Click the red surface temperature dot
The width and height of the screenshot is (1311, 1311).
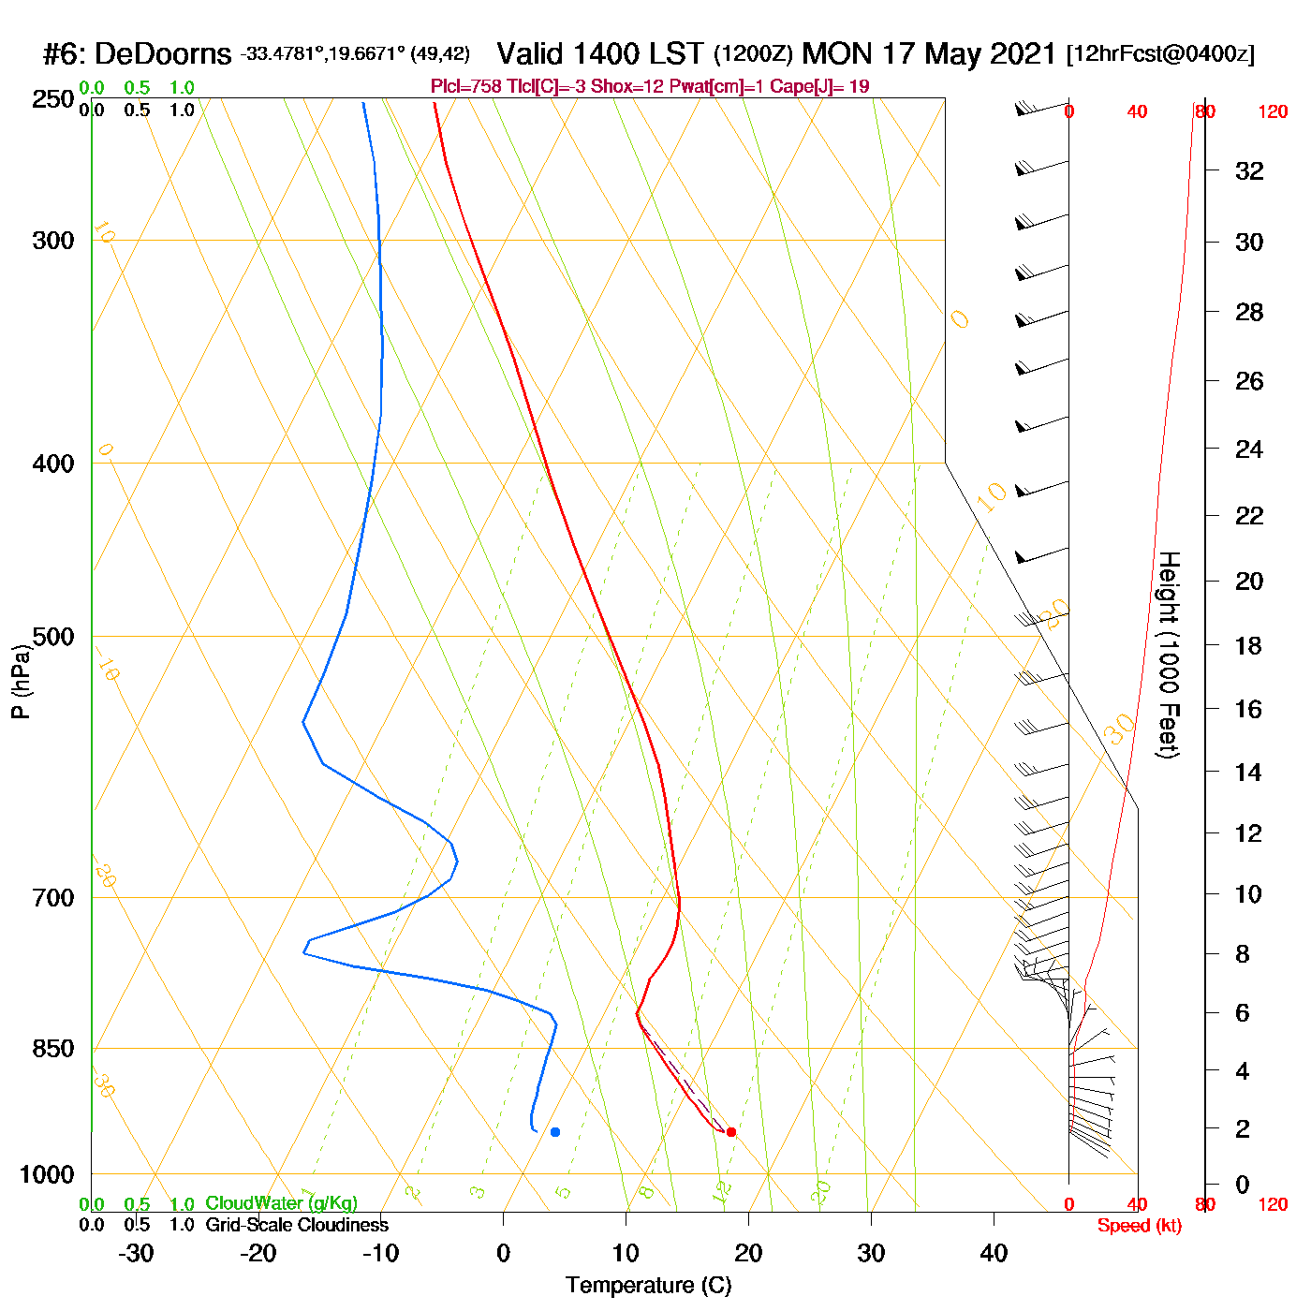(x=731, y=1132)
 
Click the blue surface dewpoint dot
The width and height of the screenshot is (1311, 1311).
(x=555, y=1132)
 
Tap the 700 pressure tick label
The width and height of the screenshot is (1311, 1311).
(x=53, y=898)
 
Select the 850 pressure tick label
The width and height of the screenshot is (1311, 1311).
(x=53, y=1049)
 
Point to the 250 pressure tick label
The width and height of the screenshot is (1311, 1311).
(x=53, y=99)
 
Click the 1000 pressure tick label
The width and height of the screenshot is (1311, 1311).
(x=47, y=1174)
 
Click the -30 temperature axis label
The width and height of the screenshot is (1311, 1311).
(x=136, y=1253)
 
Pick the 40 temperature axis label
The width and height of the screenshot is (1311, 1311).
(x=994, y=1253)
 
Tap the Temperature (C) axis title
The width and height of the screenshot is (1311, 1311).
(x=648, y=1286)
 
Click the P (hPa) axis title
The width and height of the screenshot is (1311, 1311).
(x=21, y=681)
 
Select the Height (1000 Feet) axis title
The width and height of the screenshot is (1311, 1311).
(x=1169, y=655)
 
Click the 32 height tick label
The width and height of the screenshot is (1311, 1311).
(x=1249, y=170)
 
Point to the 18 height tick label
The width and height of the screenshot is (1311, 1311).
(x=1249, y=645)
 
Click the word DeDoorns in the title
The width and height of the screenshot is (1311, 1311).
(x=163, y=54)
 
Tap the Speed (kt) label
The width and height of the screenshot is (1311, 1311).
(x=1140, y=1226)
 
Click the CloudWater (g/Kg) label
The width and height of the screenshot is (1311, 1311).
(x=281, y=1203)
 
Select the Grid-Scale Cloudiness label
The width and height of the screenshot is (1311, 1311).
(x=297, y=1225)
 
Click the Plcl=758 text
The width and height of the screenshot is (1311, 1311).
(x=465, y=87)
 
